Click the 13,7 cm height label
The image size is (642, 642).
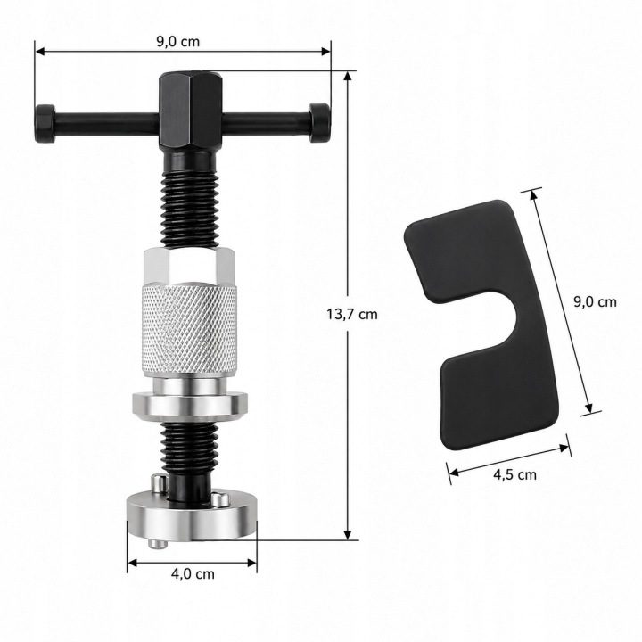point(351,314)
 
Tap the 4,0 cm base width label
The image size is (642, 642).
point(193,573)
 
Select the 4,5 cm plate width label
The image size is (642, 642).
point(514,474)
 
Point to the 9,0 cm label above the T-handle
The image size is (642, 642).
point(178,41)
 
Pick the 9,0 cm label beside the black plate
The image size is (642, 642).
point(595,301)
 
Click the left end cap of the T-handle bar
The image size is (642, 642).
point(45,123)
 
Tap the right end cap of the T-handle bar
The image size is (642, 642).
point(318,122)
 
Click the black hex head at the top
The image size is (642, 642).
point(191,111)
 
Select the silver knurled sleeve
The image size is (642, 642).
point(190,329)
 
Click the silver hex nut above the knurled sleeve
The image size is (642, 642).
point(189,266)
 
